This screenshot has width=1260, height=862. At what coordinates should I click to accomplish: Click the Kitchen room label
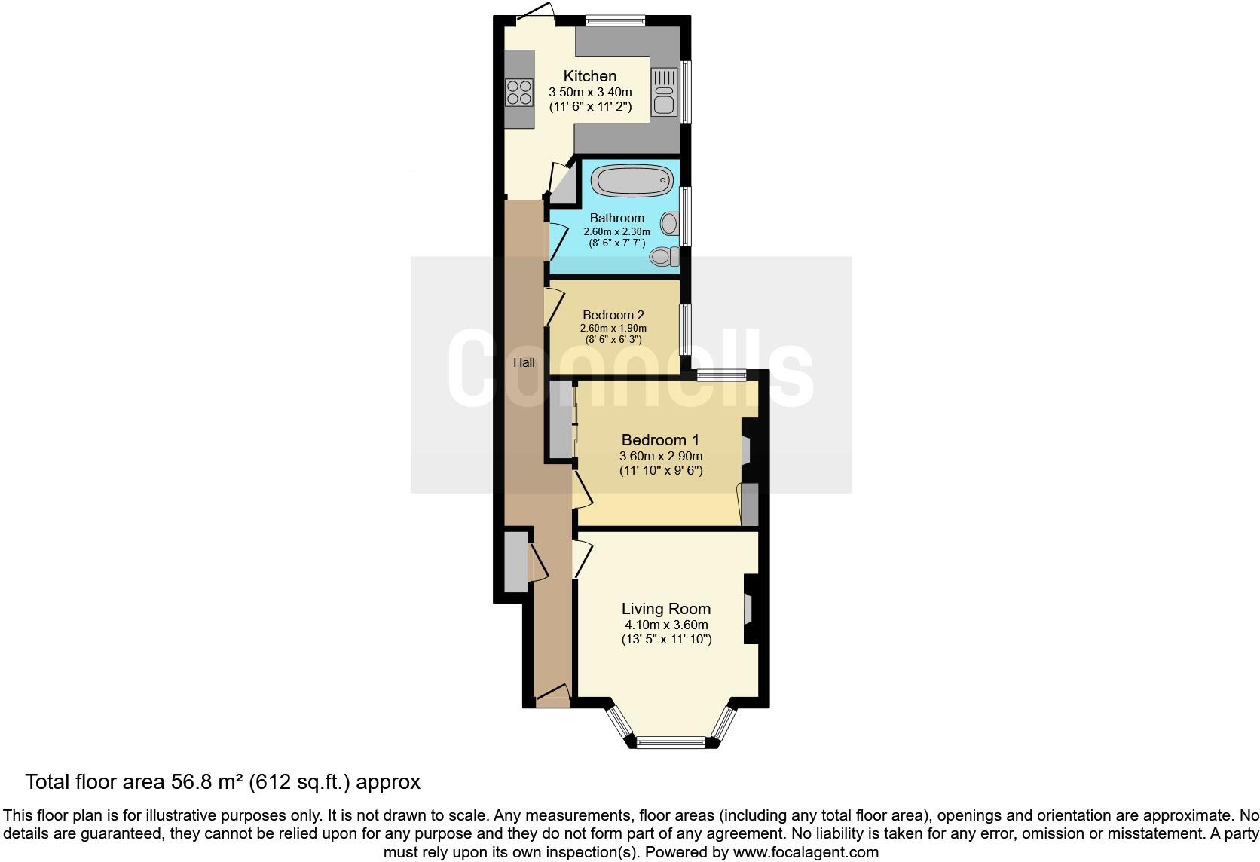tap(590, 76)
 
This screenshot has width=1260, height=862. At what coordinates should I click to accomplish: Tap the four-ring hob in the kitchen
tap(518, 92)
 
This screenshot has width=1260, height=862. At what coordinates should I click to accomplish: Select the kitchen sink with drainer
tap(664, 91)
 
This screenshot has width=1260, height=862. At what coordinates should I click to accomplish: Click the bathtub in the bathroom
tap(632, 180)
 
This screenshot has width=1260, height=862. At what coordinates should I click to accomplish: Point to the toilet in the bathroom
tap(663, 257)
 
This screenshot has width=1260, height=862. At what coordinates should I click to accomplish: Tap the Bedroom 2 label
tap(613, 315)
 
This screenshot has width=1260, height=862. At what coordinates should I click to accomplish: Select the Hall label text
tap(524, 362)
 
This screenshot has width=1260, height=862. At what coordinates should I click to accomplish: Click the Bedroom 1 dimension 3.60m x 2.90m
tap(660, 456)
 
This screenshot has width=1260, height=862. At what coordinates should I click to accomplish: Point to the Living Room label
tap(665, 609)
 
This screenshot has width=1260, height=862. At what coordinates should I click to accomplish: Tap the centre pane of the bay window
tap(671, 743)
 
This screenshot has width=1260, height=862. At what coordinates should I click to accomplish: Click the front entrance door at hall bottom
tap(552, 692)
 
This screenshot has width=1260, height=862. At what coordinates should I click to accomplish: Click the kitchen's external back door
tap(537, 13)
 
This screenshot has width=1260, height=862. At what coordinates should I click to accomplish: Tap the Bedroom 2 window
tap(684, 329)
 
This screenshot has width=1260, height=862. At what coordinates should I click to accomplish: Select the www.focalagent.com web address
tap(806, 852)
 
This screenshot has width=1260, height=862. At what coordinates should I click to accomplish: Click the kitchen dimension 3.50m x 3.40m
tap(590, 92)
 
